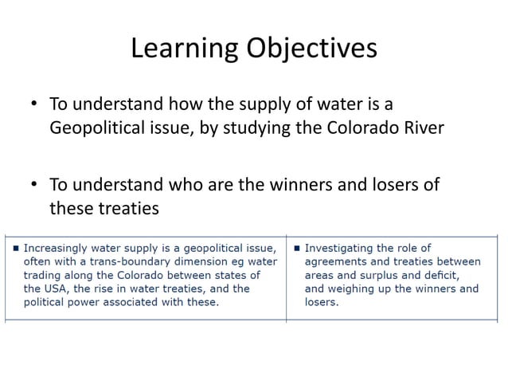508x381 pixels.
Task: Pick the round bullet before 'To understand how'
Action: [x=35, y=105]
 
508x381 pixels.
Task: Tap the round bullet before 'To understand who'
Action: [x=35, y=186]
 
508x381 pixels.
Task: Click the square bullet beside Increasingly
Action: [x=16, y=247]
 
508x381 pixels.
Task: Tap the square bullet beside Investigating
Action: [x=296, y=247]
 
